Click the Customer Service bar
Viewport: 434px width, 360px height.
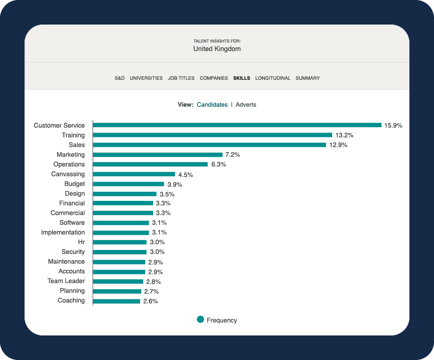click(x=237, y=125)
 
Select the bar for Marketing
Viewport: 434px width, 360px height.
click(x=158, y=155)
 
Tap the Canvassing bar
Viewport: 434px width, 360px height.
click(x=134, y=174)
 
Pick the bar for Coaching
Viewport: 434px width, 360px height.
click(x=117, y=301)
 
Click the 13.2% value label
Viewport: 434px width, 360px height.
click(x=344, y=135)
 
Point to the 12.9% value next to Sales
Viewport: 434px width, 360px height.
click(x=338, y=145)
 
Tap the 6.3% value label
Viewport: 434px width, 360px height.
click(x=219, y=164)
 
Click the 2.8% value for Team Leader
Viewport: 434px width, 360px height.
click(x=154, y=282)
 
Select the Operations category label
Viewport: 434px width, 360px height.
click(x=69, y=164)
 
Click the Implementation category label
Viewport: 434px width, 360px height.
click(x=63, y=232)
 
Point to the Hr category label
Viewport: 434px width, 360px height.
click(x=81, y=242)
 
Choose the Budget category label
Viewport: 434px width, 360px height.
click(x=75, y=184)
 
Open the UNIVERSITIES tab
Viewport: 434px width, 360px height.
click(x=146, y=78)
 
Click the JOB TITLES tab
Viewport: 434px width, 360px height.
click(x=181, y=78)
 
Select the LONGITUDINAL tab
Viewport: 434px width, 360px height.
click(x=273, y=78)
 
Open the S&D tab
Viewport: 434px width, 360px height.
click(x=120, y=78)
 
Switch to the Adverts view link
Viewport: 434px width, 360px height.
click(x=246, y=105)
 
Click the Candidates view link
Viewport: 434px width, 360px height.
click(x=212, y=105)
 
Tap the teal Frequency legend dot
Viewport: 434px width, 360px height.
click(x=200, y=319)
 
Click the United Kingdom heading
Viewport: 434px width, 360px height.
click(x=217, y=49)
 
